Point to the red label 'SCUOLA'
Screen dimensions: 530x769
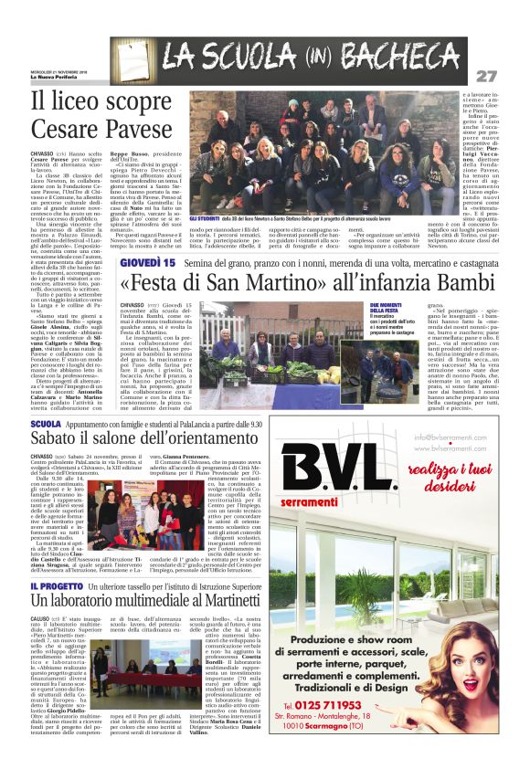[46, 425]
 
